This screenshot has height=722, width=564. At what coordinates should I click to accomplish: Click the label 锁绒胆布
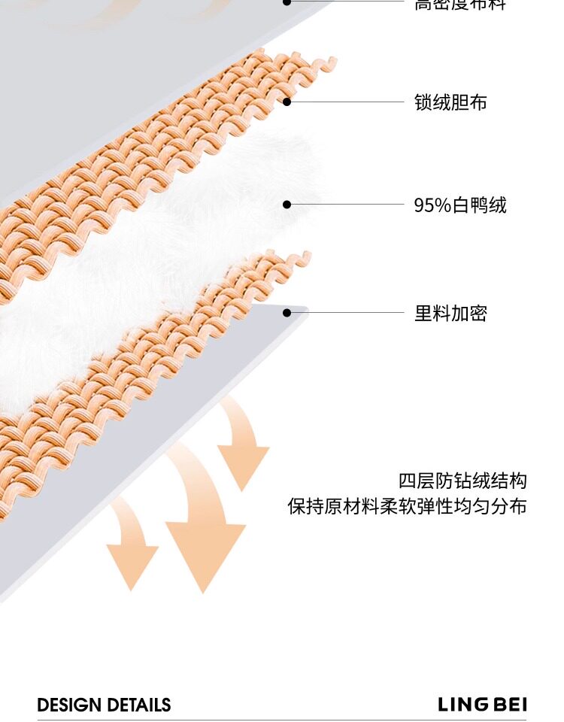[450, 102]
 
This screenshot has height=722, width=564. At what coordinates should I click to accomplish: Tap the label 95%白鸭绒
[460, 205]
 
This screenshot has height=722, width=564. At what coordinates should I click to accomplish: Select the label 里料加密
[450, 313]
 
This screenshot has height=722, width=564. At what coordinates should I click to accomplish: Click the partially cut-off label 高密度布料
[460, 5]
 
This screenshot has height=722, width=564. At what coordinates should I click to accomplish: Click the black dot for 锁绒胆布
[287, 102]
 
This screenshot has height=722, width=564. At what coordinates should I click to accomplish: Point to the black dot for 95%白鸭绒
[287, 204]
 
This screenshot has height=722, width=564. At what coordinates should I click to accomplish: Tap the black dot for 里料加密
[287, 312]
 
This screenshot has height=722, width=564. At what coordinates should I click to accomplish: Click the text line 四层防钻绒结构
[462, 481]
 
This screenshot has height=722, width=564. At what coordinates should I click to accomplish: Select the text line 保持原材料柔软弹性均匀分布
[407, 506]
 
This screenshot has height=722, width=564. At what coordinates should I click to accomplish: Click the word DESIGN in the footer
[70, 705]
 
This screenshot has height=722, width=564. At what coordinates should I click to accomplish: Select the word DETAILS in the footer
[138, 705]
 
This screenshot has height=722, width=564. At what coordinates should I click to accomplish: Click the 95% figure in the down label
[432, 205]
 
